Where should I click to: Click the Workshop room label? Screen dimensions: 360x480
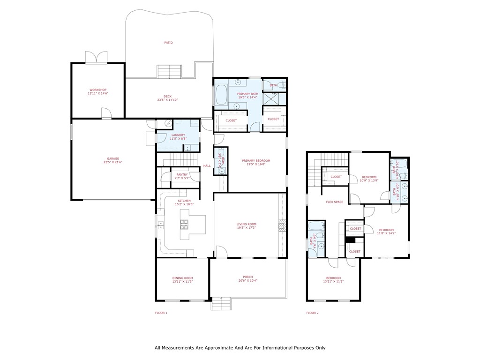tap(98, 90)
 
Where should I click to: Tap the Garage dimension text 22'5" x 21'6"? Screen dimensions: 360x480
tap(112, 162)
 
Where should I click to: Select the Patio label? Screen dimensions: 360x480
tap(168, 43)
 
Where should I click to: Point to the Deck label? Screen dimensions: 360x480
tap(167, 96)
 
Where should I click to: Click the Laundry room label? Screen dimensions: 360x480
tap(178, 135)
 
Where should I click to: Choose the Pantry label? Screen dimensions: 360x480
tap(182, 174)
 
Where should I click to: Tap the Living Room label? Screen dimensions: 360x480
tap(247, 224)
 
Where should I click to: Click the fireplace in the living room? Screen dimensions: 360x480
tap(282, 226)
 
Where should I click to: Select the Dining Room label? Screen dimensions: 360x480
tap(182, 278)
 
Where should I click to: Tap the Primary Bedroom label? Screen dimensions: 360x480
tap(256, 161)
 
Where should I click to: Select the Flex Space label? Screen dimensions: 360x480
tap(335, 202)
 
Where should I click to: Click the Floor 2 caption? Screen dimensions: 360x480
tap(312, 313)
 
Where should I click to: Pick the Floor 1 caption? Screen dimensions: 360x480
tap(161, 313)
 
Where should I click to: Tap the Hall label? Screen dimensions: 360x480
tap(207, 166)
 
